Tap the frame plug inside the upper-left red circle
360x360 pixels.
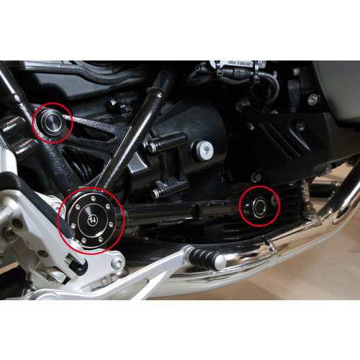click(x=52, y=122)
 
